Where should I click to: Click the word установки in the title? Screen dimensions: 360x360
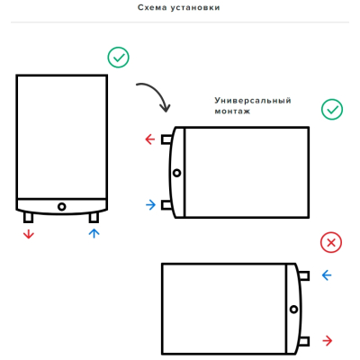[x=195, y=8]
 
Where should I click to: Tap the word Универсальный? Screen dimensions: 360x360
[x=253, y=101]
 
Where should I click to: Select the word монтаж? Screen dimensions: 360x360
[x=232, y=112]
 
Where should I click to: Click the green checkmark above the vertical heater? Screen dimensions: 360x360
[x=119, y=58]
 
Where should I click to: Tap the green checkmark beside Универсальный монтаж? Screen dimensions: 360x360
[x=332, y=110]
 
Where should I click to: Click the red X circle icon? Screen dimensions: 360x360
[x=331, y=242]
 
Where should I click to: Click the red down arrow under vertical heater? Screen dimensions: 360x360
[x=29, y=234]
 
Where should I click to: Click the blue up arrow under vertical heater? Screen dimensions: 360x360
[x=94, y=233]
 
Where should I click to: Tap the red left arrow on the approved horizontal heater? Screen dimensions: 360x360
[x=150, y=139]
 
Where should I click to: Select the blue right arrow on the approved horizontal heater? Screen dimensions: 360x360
[x=151, y=205]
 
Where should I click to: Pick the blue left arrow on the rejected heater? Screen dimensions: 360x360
[x=327, y=275]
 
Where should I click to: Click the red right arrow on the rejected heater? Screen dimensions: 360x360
[x=328, y=341]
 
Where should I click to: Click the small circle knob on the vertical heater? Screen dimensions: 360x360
[x=62, y=207]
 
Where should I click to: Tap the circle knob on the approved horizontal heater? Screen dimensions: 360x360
[x=177, y=173]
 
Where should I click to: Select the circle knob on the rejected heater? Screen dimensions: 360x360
[x=294, y=310]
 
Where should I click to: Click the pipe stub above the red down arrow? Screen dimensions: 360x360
[x=28, y=217]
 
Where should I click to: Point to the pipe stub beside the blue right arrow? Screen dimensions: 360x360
[x=166, y=205]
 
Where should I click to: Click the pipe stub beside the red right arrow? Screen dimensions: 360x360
[x=304, y=341]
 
